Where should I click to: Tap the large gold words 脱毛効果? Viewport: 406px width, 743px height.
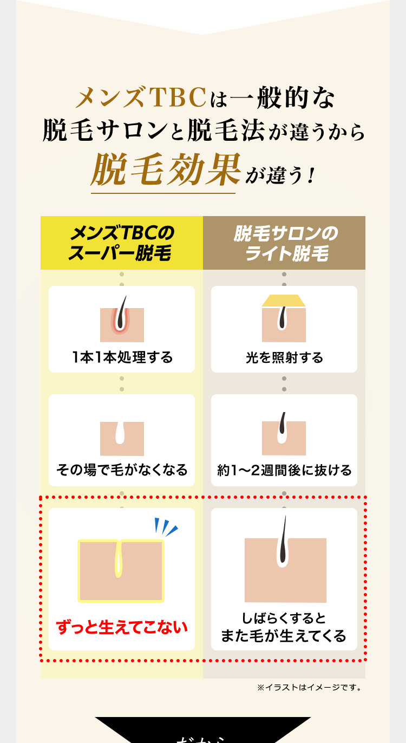pos(166,170)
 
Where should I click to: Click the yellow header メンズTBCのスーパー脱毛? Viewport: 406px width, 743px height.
pos(122,243)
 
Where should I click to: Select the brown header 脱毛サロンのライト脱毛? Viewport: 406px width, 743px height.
pos(284,243)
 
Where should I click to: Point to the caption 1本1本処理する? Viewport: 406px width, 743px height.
pos(122,357)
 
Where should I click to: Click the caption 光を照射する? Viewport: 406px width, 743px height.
pos(284,357)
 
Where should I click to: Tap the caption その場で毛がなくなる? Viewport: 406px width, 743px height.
pos(122,470)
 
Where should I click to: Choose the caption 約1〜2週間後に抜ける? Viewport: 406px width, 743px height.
pos(284,470)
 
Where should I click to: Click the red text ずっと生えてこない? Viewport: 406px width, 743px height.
pos(122,627)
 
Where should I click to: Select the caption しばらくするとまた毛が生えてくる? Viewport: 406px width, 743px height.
pos(284,627)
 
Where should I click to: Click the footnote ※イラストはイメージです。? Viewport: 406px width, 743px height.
pos(309,688)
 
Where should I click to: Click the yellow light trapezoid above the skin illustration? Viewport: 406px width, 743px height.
pos(284,301)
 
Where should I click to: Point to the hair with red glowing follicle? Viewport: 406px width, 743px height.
pos(122,317)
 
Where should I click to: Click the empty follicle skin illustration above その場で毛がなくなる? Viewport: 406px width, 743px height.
pos(122,438)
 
